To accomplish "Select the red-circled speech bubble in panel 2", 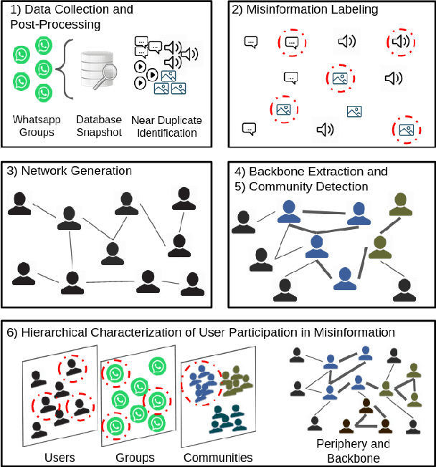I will [291, 42].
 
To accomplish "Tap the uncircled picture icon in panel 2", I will [354, 111].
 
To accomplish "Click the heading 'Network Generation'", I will [70, 170].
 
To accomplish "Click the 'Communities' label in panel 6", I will [218, 457].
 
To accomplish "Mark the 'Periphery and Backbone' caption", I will [354, 451].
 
